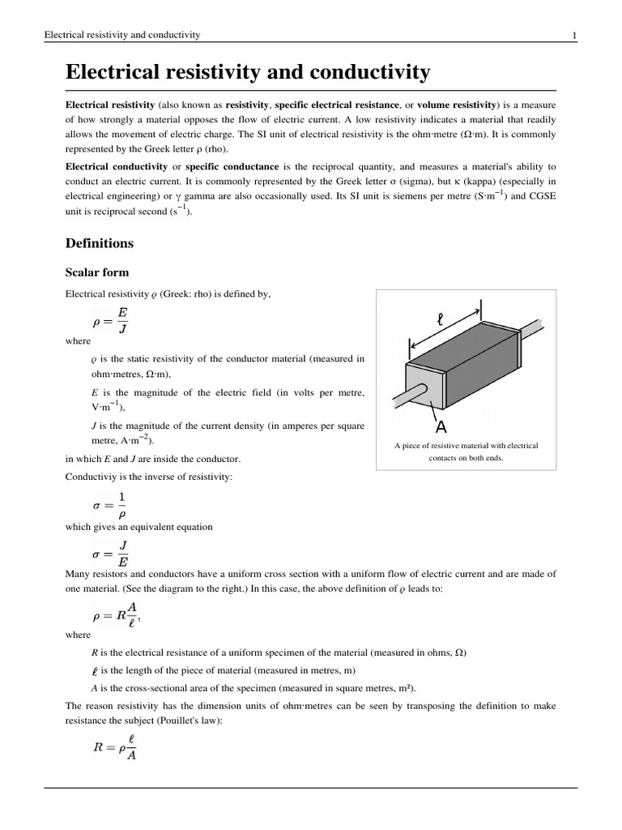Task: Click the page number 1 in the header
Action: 574,35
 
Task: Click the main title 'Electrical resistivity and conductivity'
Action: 248,73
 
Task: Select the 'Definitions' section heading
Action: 99,243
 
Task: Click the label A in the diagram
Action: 441,427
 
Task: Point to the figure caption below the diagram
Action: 466,451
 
